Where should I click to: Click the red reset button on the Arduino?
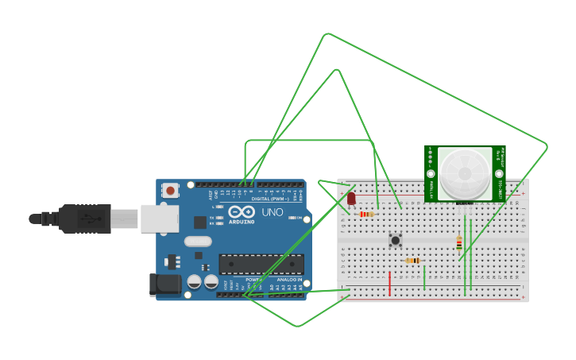pos(170,190)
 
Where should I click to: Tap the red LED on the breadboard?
pos(351,199)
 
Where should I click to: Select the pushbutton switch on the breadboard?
pos(395,239)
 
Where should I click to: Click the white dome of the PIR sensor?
pos(465,172)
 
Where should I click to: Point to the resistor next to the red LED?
pos(366,214)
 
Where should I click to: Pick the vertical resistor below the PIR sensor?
pos(459,244)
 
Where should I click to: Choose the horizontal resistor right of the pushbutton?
pos(412,261)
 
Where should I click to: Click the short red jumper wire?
pos(390,283)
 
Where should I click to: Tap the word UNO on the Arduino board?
pos(273,212)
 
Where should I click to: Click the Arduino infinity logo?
pos(240,212)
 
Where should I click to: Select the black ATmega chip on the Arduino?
pos(261,264)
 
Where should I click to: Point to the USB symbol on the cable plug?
pos(86,219)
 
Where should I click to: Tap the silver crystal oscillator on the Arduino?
pos(198,241)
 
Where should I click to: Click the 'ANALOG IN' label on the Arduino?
pos(288,280)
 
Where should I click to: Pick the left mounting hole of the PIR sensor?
pos(431,173)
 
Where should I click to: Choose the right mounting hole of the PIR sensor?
pos(499,173)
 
